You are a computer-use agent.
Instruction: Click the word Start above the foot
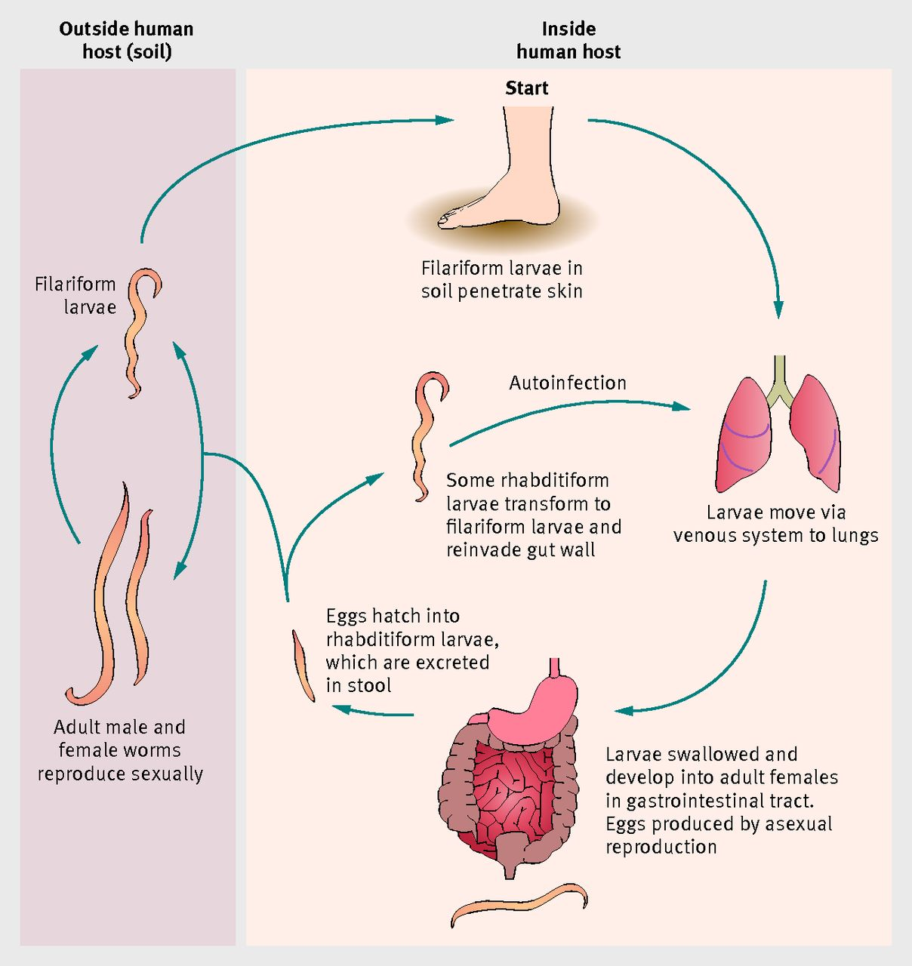pos(526,88)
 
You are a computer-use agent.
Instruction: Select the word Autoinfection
pos(568,383)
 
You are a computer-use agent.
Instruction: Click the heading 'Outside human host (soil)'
pos(126,40)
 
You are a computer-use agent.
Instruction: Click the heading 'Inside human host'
pos(568,40)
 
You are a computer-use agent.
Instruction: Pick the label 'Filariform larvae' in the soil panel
pos(75,295)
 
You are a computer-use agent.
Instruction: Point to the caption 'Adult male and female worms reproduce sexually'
pos(120,750)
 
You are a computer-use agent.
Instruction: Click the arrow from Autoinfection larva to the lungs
pos(566,408)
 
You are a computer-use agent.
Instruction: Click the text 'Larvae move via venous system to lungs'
pos(775,524)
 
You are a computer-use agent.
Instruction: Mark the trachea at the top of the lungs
pos(780,377)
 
